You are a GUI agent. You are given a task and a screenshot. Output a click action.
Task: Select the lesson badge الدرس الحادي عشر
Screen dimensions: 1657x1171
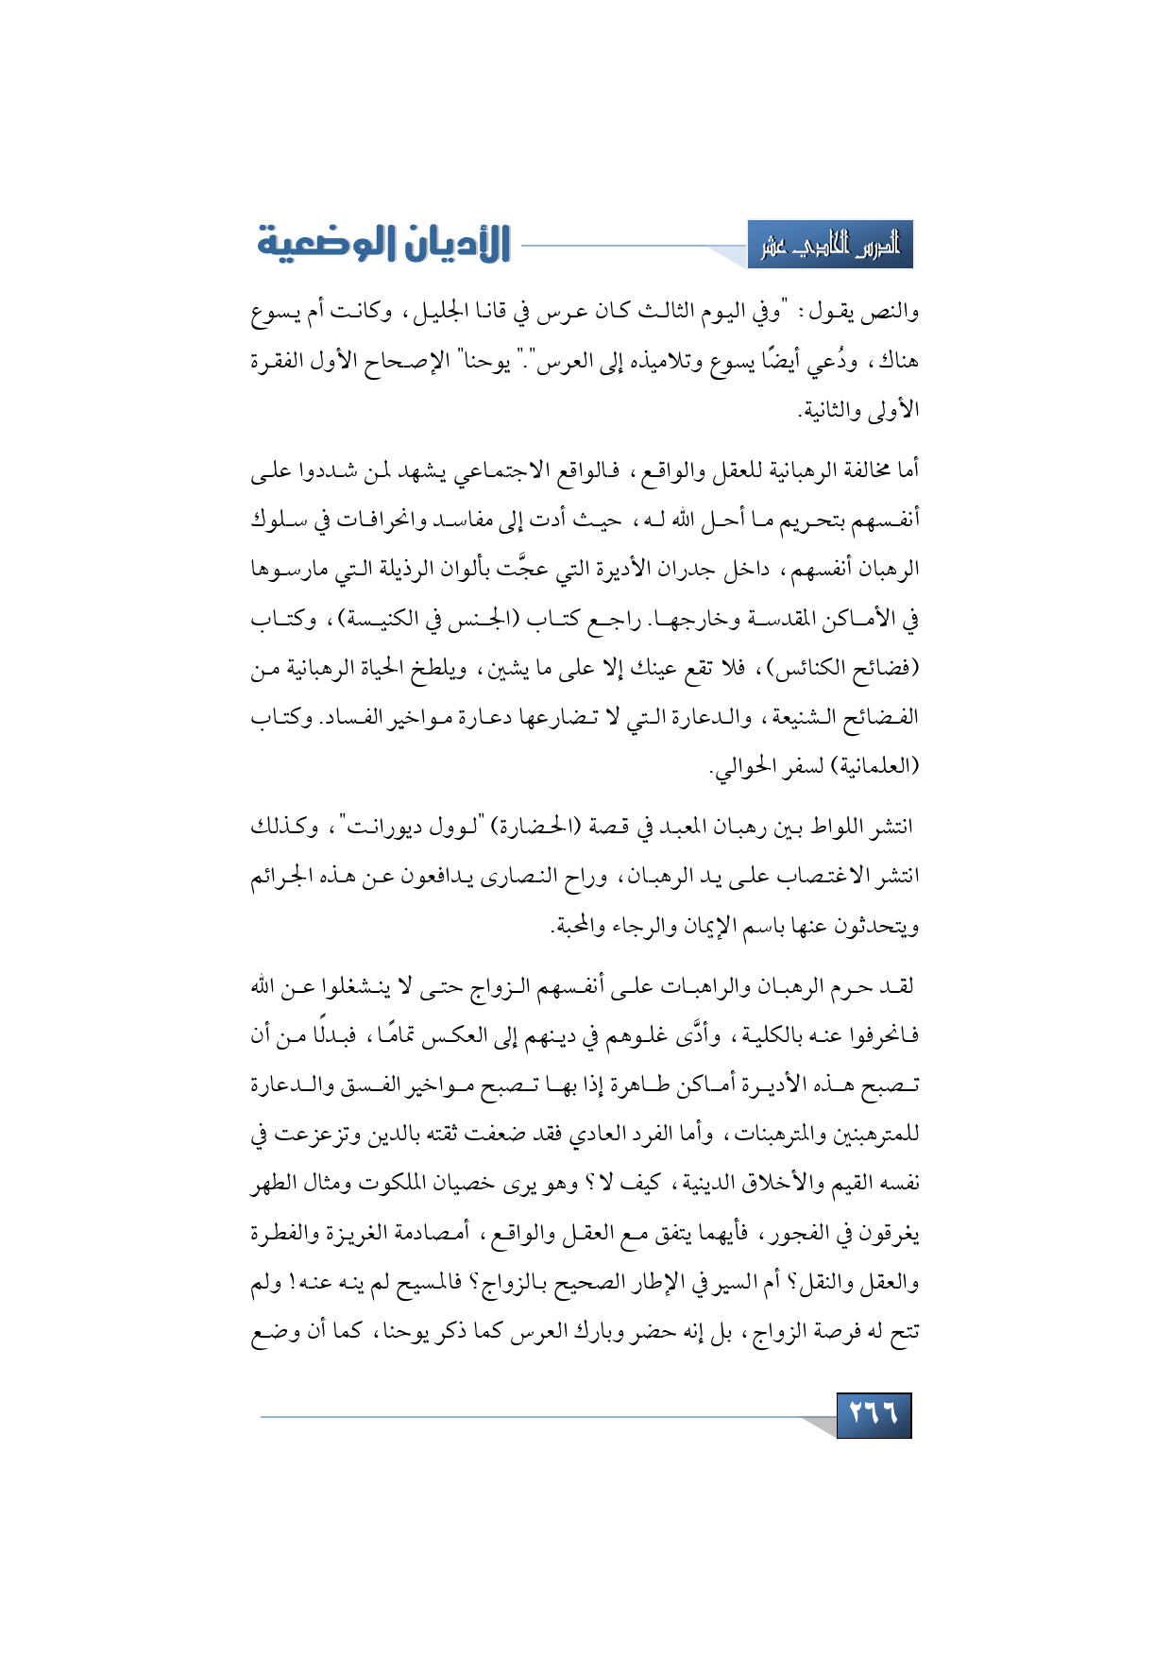(830, 246)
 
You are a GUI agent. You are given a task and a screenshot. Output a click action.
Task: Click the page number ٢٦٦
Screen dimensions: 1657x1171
(874, 1414)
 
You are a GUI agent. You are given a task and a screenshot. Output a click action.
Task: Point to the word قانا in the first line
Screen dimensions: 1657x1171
(484, 311)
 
